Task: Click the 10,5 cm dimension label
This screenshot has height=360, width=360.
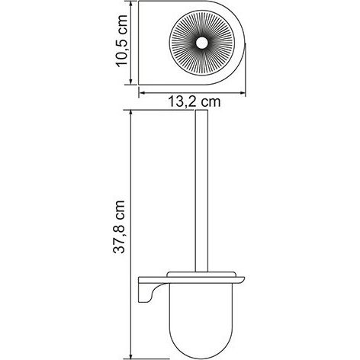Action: [x=121, y=40]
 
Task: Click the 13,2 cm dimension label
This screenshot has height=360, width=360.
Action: [x=194, y=102]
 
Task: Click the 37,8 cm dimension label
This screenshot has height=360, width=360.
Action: [x=119, y=227]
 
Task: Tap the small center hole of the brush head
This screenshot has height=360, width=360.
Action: [x=202, y=43]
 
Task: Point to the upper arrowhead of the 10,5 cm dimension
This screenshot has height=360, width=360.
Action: [x=130, y=5]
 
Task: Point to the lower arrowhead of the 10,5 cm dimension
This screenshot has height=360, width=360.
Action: [x=130, y=81]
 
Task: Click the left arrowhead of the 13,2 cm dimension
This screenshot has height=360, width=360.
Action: [x=143, y=93]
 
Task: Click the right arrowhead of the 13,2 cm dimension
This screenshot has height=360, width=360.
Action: [x=242, y=93]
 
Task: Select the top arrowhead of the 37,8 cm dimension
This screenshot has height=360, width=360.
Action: [x=130, y=114]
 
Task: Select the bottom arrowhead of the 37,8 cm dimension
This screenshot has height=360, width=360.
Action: [x=130, y=355]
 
